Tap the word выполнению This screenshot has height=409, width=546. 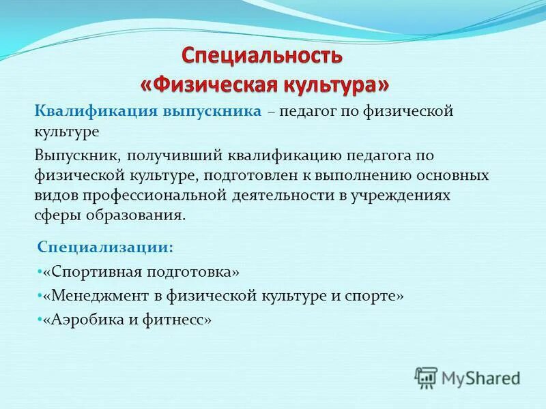coord(359,175)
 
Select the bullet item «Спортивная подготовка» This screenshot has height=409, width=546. coord(141,272)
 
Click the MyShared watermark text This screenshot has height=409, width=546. coord(480,377)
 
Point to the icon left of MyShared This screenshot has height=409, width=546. coord(426,378)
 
